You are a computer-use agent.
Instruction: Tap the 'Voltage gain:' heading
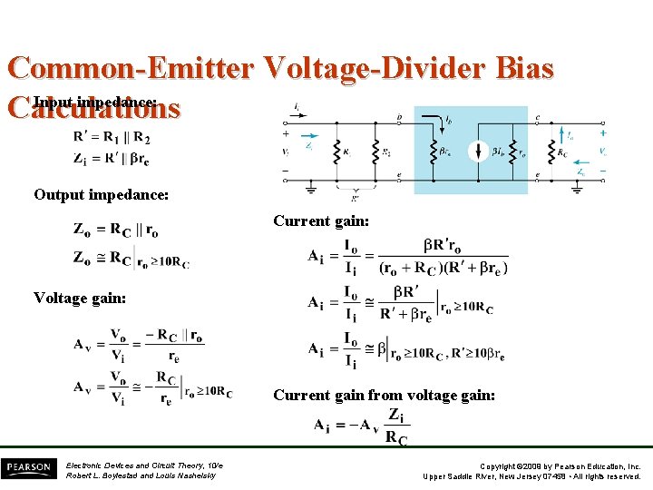pos(80,297)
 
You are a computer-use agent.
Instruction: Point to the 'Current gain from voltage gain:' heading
pos(384,395)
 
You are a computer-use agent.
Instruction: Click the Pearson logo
pos(28,468)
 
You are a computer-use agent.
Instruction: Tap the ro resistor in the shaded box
pos(513,151)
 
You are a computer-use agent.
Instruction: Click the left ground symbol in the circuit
pos(311,190)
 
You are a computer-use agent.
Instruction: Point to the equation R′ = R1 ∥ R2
pos(112,138)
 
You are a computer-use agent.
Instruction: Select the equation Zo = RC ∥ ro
pos(115,229)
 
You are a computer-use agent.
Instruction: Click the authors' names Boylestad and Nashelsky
pos(141,475)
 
